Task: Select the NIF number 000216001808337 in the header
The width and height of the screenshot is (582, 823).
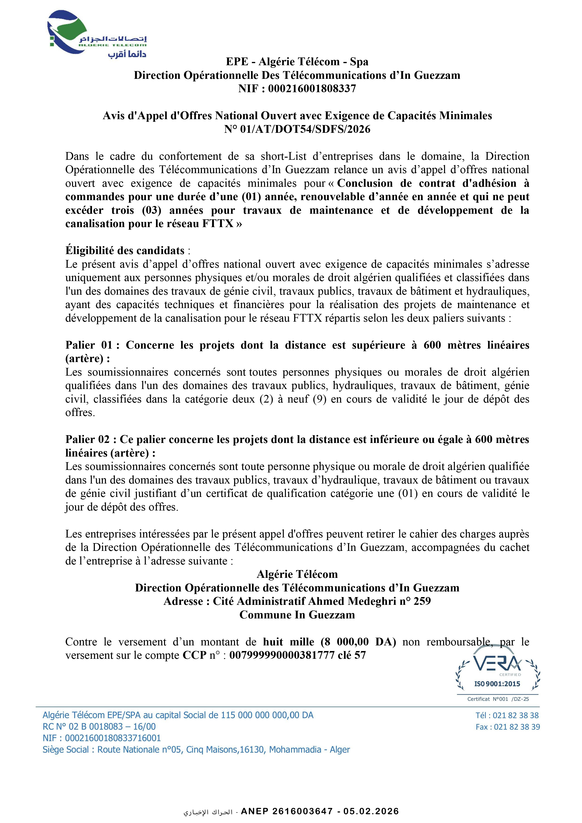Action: coord(312,88)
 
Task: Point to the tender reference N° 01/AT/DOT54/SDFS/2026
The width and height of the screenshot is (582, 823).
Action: coord(297,129)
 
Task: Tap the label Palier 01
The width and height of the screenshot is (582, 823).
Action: coord(88,345)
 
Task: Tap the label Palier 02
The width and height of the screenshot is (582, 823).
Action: coord(88,439)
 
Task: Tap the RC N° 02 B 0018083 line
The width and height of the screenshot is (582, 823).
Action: coord(99,727)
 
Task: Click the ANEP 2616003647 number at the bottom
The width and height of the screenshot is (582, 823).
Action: coord(287,812)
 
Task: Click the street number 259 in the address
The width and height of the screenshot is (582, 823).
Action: coord(422,601)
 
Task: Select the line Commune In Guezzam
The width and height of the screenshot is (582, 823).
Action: coord(297,615)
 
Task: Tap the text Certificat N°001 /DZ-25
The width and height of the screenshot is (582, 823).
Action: coord(498,699)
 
